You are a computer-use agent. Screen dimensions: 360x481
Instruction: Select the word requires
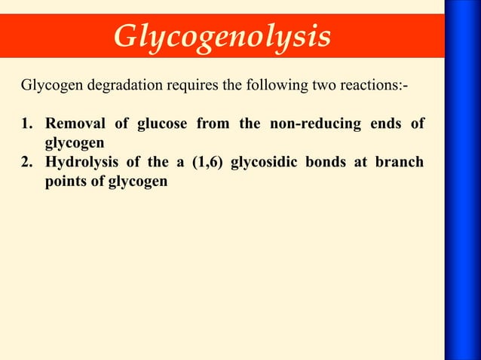point(171,84)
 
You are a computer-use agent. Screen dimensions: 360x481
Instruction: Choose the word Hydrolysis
point(80,163)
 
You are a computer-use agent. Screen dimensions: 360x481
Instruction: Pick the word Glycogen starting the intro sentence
point(47,84)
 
